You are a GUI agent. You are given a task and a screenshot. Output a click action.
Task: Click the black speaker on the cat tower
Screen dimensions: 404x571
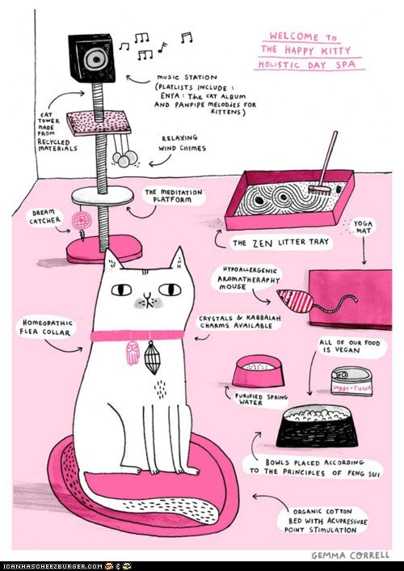tap(92, 57)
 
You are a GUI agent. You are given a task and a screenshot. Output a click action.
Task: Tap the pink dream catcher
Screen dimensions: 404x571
tap(81, 222)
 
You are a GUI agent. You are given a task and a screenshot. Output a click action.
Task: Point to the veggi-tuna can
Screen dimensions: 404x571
tap(351, 381)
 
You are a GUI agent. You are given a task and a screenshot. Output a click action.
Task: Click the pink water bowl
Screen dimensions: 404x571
tap(258, 371)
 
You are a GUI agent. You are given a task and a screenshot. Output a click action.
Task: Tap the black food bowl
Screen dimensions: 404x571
tap(317, 426)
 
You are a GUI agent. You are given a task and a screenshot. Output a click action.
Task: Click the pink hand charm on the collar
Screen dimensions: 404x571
tap(133, 353)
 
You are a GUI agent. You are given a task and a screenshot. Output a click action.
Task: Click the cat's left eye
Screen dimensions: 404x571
tap(121, 290)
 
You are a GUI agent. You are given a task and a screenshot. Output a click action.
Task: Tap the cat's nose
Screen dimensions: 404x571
tap(146, 295)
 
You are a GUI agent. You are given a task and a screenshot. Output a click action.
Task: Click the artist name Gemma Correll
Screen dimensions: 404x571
tap(350, 556)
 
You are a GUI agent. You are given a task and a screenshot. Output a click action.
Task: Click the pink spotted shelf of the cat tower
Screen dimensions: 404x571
tap(99, 123)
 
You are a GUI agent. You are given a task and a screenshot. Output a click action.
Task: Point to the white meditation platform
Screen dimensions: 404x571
tap(103, 196)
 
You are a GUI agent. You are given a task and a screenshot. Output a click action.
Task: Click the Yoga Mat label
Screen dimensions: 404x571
tap(363, 227)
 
